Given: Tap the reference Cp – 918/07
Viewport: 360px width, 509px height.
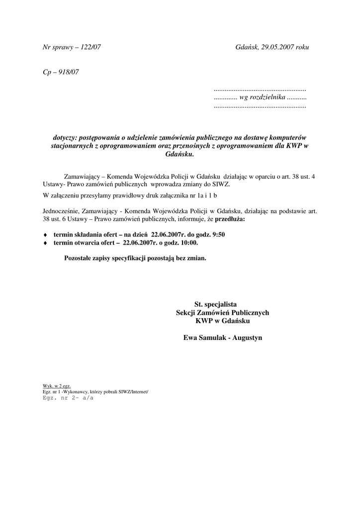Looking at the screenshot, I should coord(61,72).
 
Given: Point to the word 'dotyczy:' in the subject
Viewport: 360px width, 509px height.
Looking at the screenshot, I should coord(65,137).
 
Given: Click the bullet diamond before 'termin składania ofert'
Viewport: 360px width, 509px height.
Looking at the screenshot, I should coord(45,235).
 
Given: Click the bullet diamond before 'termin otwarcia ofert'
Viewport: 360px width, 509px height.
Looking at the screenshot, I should coord(45,243).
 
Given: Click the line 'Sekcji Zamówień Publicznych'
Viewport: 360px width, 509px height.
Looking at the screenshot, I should coord(222,313).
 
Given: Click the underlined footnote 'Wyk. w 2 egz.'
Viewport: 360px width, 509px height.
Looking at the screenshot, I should coord(57,386).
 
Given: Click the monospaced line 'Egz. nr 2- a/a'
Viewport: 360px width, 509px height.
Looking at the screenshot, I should coord(68,398).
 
